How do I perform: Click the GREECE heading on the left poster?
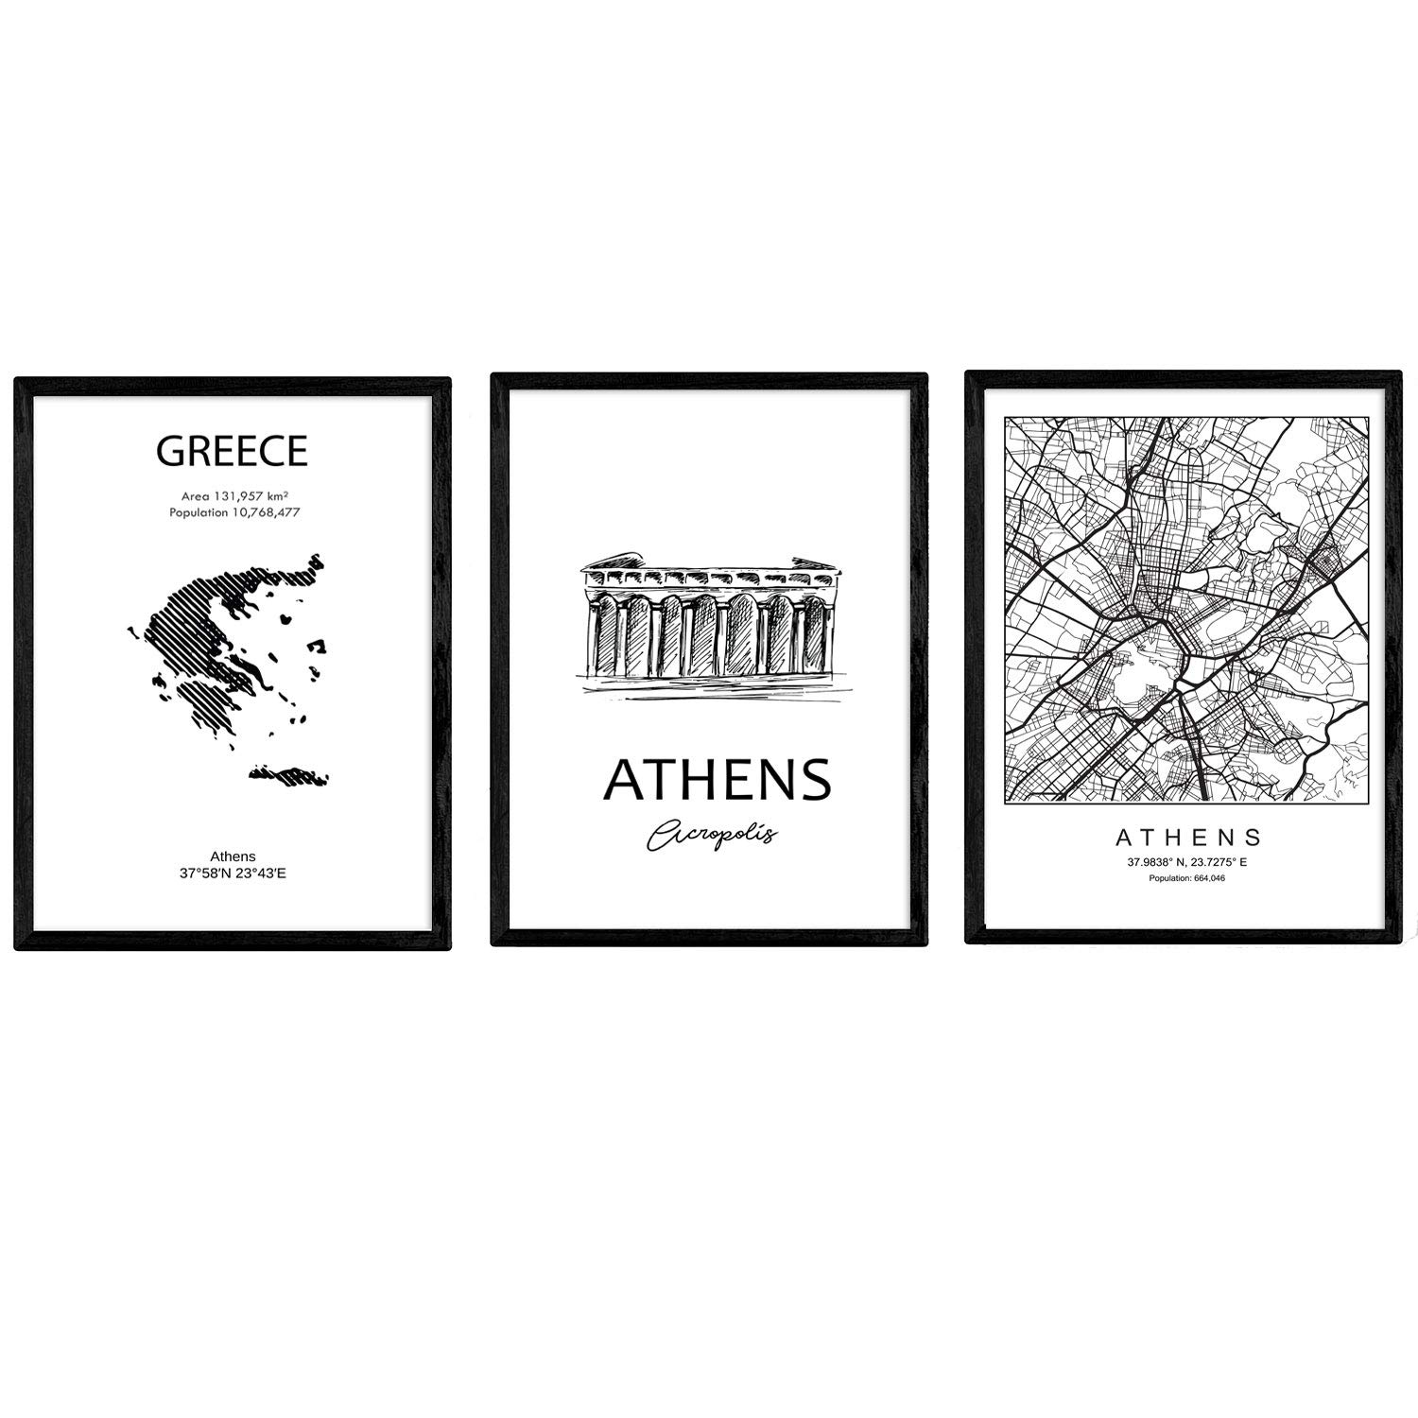(x=232, y=452)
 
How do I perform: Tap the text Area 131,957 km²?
(x=233, y=495)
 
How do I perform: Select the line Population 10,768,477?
(x=233, y=512)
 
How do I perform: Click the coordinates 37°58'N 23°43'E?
(x=233, y=873)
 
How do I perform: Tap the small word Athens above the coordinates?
(x=233, y=857)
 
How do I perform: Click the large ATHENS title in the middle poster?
(x=717, y=779)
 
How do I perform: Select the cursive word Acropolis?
(x=712, y=834)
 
